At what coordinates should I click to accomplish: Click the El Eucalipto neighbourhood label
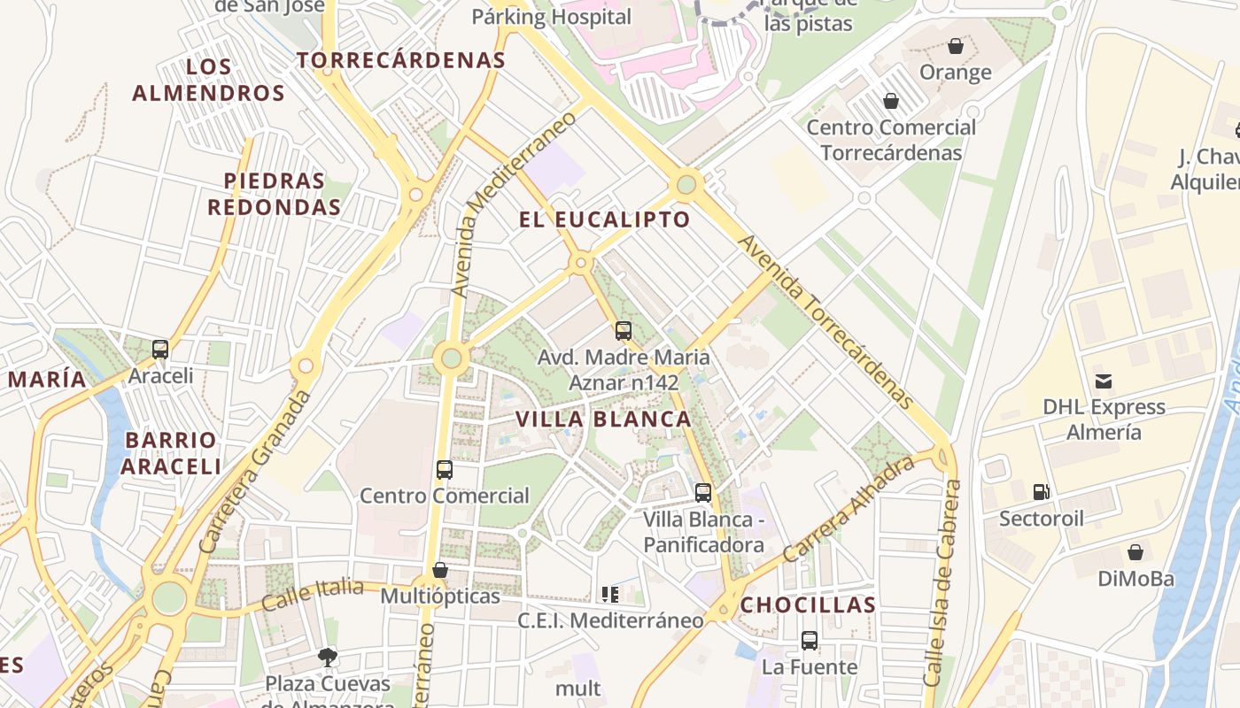click(604, 219)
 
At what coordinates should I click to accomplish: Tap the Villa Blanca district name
click(603, 419)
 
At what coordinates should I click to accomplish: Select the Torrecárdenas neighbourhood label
click(400, 60)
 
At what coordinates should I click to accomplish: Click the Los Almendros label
click(209, 80)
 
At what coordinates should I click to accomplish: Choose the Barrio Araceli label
click(171, 453)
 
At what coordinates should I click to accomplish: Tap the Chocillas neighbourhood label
click(808, 605)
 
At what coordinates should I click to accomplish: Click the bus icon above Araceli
click(160, 350)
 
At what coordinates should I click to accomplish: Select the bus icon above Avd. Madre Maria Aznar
click(624, 331)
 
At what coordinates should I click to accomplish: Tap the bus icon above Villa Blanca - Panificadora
click(703, 493)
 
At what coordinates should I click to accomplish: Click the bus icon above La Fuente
click(810, 640)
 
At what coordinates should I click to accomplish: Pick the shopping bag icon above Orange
click(955, 46)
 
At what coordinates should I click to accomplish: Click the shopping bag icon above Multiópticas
click(440, 570)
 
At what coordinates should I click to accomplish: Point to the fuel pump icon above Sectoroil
click(1042, 492)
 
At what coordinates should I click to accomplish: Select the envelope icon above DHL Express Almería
click(1104, 381)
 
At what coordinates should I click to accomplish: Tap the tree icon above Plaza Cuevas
click(328, 657)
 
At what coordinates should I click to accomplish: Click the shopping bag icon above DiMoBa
click(1135, 553)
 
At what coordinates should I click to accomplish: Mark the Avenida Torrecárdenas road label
click(825, 322)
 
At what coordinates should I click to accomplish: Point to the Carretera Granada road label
click(257, 471)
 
